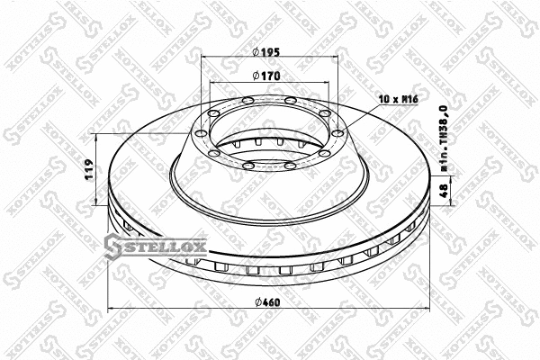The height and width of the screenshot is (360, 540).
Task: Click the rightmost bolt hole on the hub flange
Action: click(x=337, y=134)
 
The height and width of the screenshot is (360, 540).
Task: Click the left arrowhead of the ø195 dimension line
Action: click(x=203, y=58)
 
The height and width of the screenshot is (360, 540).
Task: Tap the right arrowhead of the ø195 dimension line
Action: click(x=337, y=58)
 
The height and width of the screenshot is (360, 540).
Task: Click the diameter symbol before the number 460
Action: click(x=258, y=301)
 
